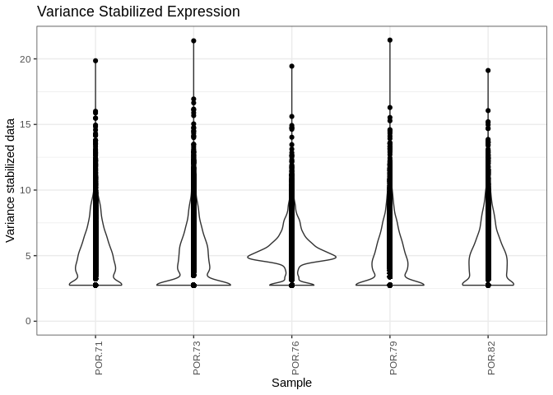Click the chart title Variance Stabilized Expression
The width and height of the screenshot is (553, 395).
138,12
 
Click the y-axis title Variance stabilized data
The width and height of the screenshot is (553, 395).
11,179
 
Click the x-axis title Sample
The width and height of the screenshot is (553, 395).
291,383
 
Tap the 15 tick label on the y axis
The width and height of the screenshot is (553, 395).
26,124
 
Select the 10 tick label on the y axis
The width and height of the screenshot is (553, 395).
26,190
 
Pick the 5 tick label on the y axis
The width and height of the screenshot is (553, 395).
28,256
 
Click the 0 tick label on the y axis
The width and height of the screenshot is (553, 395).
28,321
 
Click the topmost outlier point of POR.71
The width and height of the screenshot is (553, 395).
95,61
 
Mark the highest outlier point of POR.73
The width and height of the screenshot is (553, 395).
193,40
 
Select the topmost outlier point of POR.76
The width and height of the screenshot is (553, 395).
291,66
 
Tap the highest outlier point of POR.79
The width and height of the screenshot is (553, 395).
390,39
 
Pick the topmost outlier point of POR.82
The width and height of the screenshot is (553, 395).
488,71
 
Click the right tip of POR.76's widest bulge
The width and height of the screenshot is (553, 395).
336,258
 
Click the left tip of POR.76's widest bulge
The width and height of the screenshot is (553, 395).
248,258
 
